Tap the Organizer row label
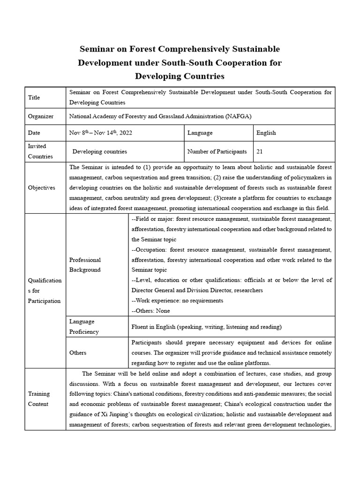click(41, 116)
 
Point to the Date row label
click(35, 133)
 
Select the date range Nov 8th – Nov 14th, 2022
click(100, 133)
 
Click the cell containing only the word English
click(266, 133)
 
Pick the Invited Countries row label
click(41, 151)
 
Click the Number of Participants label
click(217, 152)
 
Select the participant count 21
click(260, 152)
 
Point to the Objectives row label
click(42, 187)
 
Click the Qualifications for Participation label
click(45, 291)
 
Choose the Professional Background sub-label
click(85, 265)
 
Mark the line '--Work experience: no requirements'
click(177, 300)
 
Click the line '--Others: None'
click(151, 310)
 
